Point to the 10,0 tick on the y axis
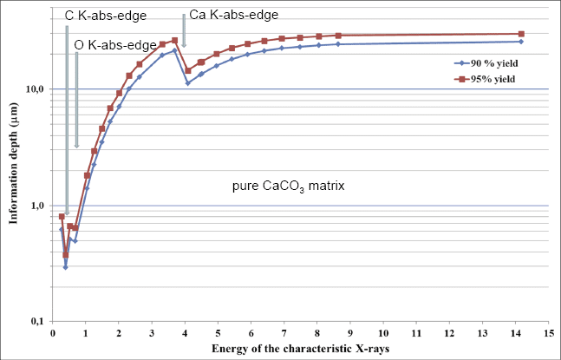[x=34, y=89]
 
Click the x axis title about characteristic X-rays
[x=301, y=348]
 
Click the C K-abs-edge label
[x=106, y=16]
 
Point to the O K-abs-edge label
[x=115, y=44]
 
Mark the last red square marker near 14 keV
[x=520, y=34]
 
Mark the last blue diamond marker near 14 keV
[x=520, y=42]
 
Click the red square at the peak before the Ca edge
[x=174, y=41]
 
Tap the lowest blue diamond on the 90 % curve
[x=65, y=267]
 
